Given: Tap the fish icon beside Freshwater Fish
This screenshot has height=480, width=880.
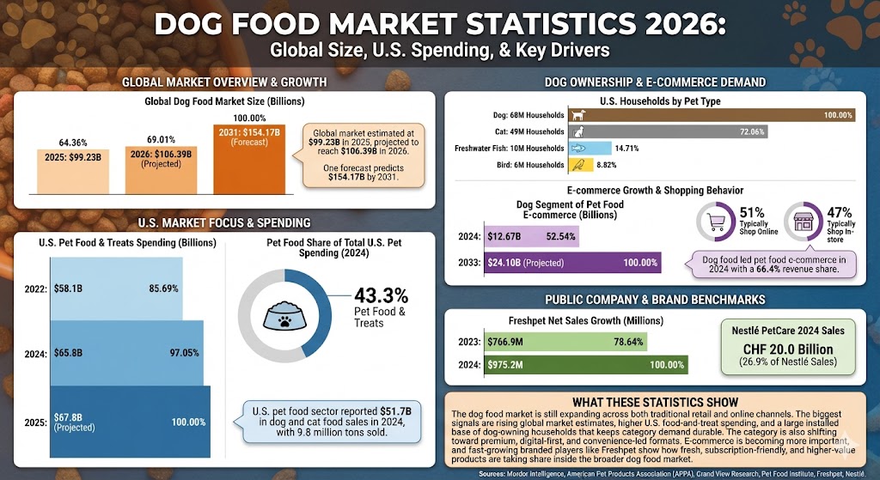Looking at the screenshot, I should [x=579, y=148].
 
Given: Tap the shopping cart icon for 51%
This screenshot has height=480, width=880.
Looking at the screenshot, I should [x=715, y=223].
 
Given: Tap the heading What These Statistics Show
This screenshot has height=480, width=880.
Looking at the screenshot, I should [x=655, y=402].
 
